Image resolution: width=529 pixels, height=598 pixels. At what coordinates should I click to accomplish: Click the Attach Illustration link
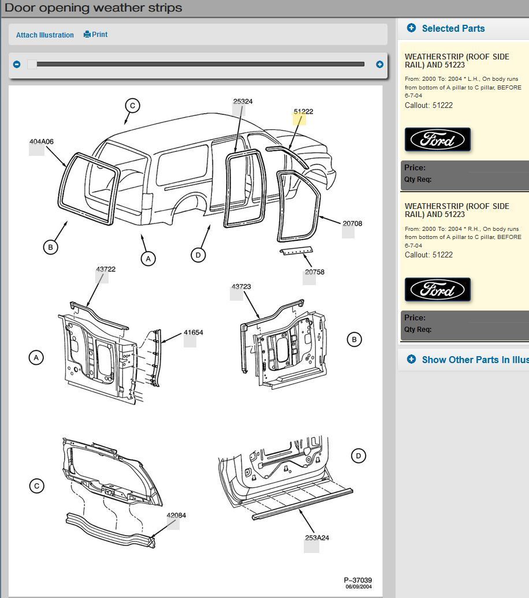(x=44, y=35)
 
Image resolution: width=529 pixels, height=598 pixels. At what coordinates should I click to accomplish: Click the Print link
(x=96, y=35)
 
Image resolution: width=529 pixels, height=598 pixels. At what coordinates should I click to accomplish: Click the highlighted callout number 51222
(x=303, y=112)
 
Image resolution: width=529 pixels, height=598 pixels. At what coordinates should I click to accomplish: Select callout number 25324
(x=243, y=102)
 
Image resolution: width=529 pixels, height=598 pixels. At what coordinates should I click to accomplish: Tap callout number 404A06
(x=41, y=142)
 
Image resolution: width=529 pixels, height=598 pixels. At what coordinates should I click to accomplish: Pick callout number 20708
(x=352, y=224)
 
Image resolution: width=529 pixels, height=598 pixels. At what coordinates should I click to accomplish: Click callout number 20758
(x=314, y=272)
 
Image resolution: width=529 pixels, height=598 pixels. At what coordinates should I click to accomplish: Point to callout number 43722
(x=105, y=270)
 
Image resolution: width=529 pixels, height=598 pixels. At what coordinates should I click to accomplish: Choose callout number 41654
(x=193, y=333)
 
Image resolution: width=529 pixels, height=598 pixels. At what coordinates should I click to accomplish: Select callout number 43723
(x=241, y=287)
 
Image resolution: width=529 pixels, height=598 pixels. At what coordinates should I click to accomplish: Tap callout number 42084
(x=176, y=515)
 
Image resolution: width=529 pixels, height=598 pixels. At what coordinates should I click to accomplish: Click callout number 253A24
(x=316, y=538)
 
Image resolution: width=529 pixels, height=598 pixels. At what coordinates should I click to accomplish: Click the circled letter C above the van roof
(x=132, y=106)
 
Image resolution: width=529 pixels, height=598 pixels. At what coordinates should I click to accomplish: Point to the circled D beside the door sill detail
(x=358, y=456)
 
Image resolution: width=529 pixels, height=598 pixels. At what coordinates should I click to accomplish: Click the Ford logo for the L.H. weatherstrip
(x=437, y=140)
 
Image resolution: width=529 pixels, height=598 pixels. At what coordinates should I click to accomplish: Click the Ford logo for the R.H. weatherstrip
(x=437, y=290)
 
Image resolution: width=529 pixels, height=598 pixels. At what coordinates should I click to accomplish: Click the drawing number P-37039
(x=357, y=580)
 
